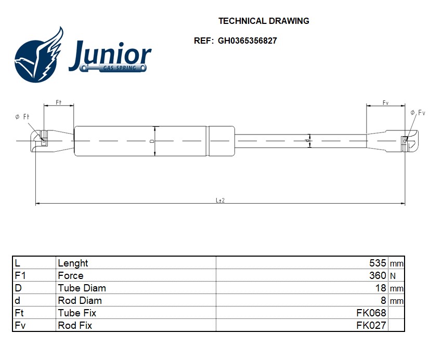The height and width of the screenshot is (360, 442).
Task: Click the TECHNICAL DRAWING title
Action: tap(264, 21)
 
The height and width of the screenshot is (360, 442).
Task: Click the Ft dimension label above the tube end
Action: tap(59, 103)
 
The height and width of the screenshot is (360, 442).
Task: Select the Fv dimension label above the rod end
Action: tap(385, 103)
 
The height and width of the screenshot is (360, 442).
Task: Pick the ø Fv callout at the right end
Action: tap(418, 113)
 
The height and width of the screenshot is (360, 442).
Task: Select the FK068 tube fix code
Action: tap(371, 313)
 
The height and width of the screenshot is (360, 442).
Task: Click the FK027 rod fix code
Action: tap(371, 326)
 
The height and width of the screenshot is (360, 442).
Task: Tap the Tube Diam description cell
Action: tap(82, 288)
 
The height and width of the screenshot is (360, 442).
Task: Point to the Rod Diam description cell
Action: tap(80, 301)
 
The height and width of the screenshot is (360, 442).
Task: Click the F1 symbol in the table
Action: tap(20, 276)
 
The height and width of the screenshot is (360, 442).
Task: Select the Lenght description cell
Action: tap(73, 263)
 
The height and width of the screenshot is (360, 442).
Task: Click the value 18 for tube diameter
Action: tap(381, 288)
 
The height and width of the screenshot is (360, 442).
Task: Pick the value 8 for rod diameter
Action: tap(383, 301)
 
